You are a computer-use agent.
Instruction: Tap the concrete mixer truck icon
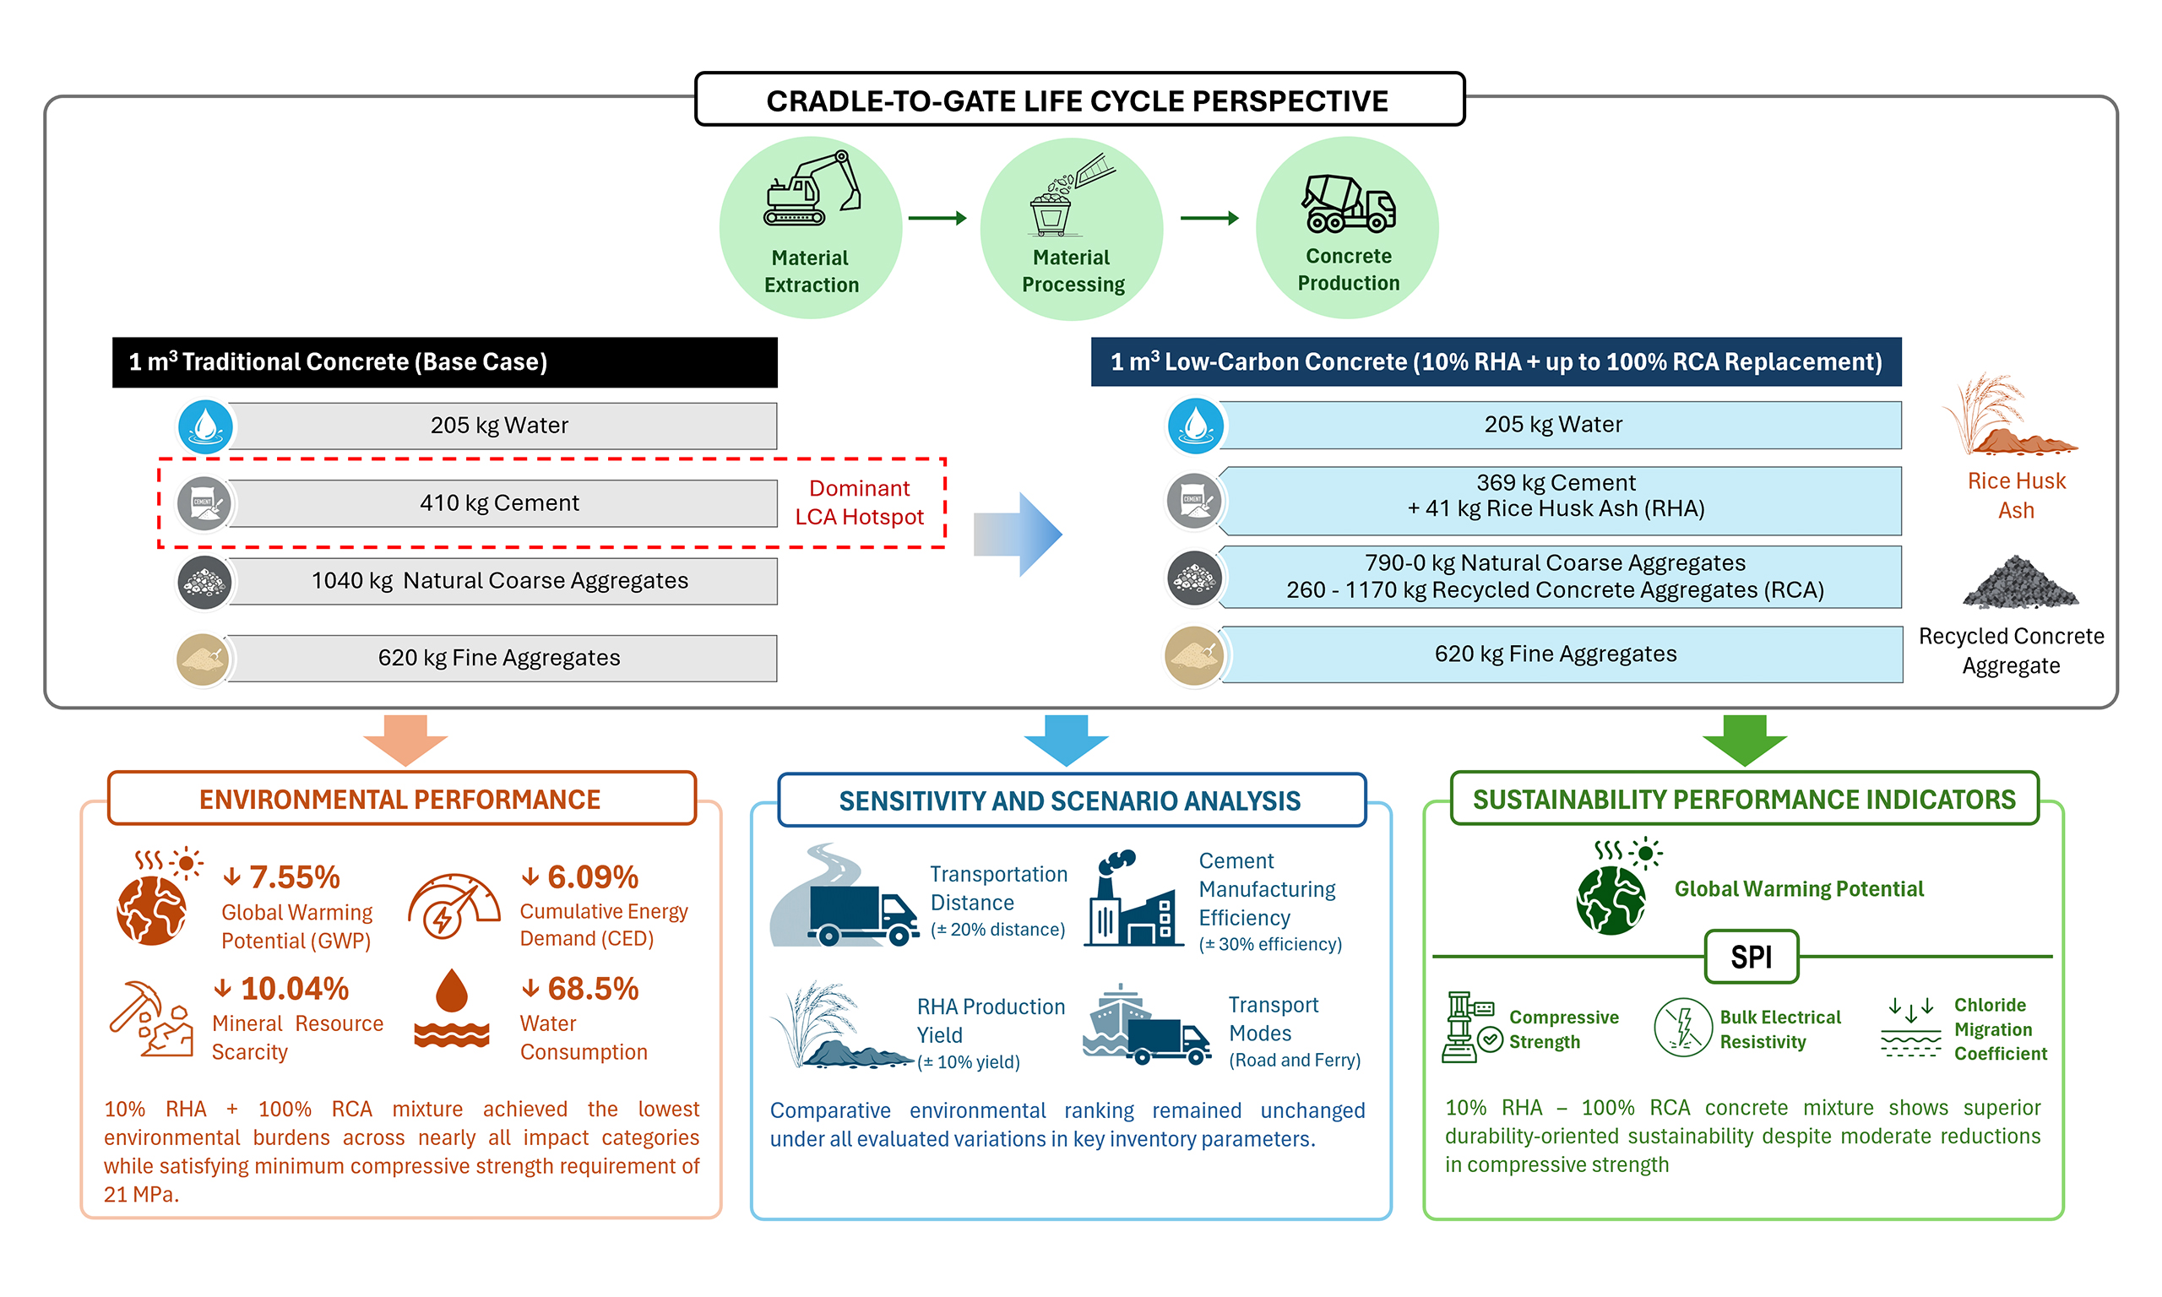coord(1348,203)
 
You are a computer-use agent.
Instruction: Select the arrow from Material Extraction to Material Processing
coord(937,218)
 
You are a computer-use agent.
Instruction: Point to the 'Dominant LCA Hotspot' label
coord(859,502)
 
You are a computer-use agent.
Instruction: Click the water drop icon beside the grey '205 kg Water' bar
coord(205,426)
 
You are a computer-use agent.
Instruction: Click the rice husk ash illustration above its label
coord(2008,415)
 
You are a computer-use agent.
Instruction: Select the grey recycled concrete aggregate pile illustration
coord(2019,582)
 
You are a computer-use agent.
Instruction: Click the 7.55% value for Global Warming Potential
coord(295,876)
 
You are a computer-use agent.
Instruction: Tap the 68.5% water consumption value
coord(593,989)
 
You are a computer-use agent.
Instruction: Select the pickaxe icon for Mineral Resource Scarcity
coord(151,1019)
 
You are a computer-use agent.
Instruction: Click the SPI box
coord(1751,957)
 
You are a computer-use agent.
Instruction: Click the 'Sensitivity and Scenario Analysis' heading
coord(1070,800)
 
